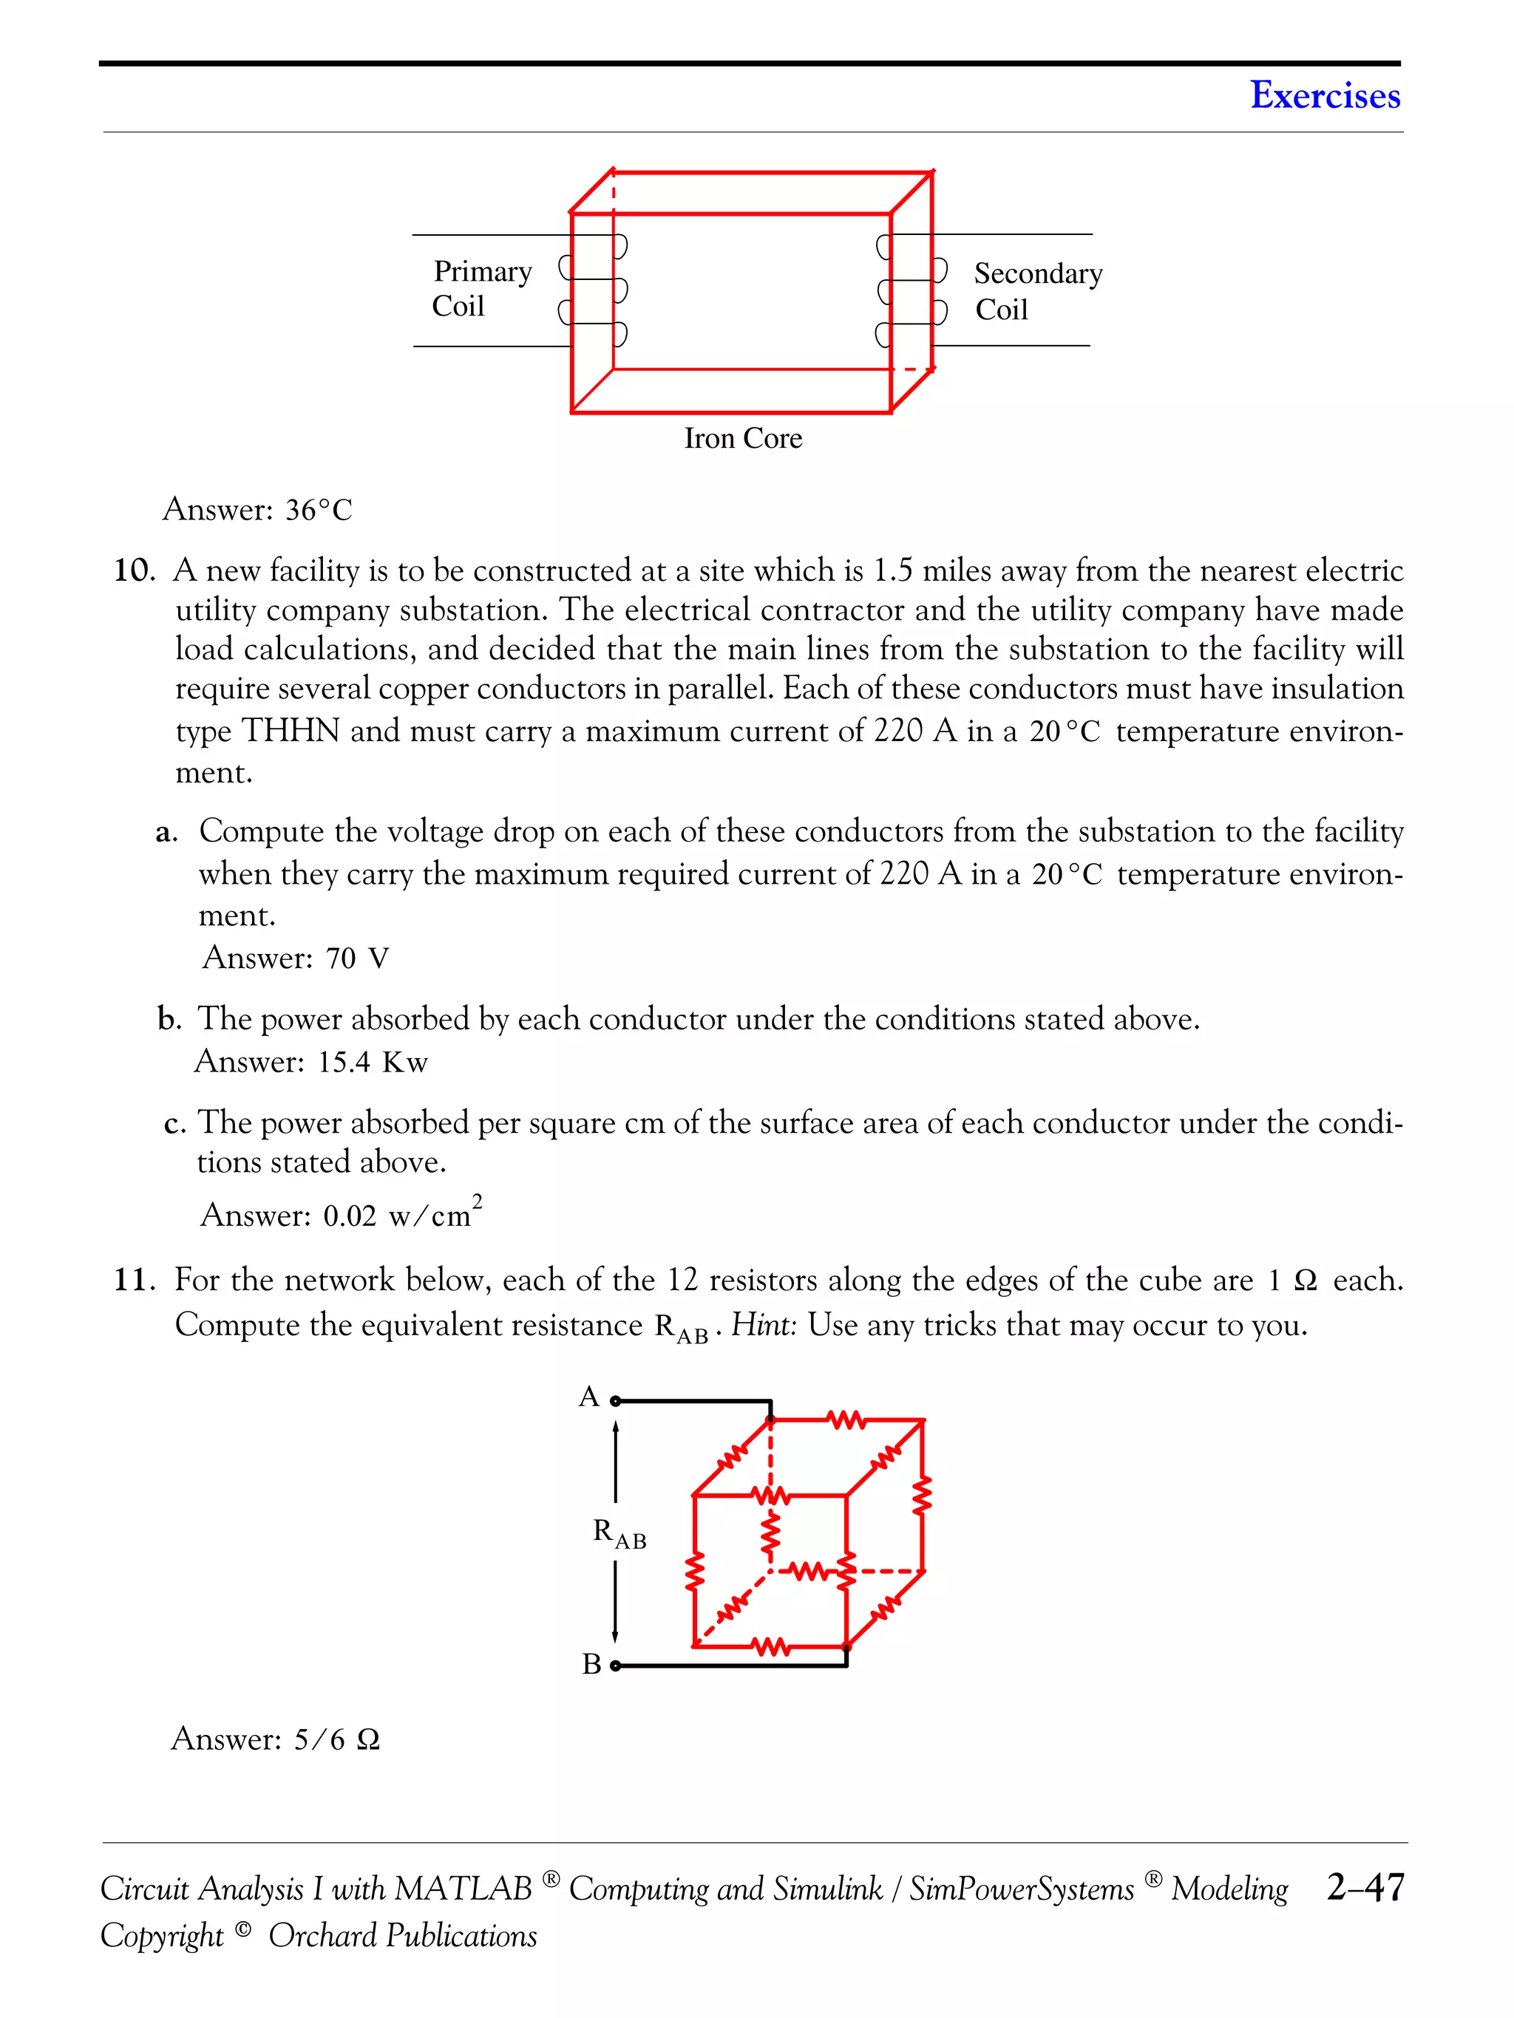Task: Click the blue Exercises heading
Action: pyautogui.click(x=1324, y=95)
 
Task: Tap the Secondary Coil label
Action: pyautogui.click(x=1038, y=291)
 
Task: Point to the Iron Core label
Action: pyautogui.click(x=743, y=439)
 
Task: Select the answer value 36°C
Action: pyautogui.click(x=319, y=510)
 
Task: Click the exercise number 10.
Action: pyautogui.click(x=133, y=571)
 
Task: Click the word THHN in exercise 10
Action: pyautogui.click(x=291, y=731)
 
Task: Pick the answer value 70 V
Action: pyautogui.click(x=357, y=958)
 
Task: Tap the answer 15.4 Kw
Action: pyautogui.click(x=373, y=1062)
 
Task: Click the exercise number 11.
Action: pyautogui.click(x=133, y=1280)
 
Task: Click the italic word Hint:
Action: pyautogui.click(x=764, y=1325)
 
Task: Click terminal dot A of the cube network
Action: pyautogui.click(x=615, y=1400)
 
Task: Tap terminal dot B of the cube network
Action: pyautogui.click(x=615, y=1666)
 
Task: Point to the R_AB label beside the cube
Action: pyautogui.click(x=619, y=1533)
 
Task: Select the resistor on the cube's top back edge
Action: pyautogui.click(x=846, y=1419)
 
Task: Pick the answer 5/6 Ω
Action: pyautogui.click(x=336, y=1739)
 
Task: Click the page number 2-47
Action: pyautogui.click(x=1365, y=1886)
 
